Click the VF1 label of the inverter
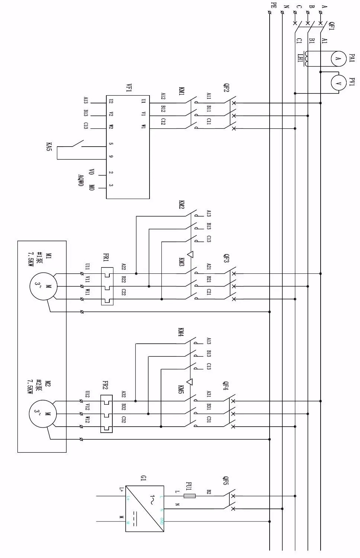[x=129, y=88]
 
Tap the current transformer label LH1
[x=300, y=58]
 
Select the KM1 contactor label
[x=181, y=92]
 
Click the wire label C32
[x=124, y=420]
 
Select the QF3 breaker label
[x=226, y=258]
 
